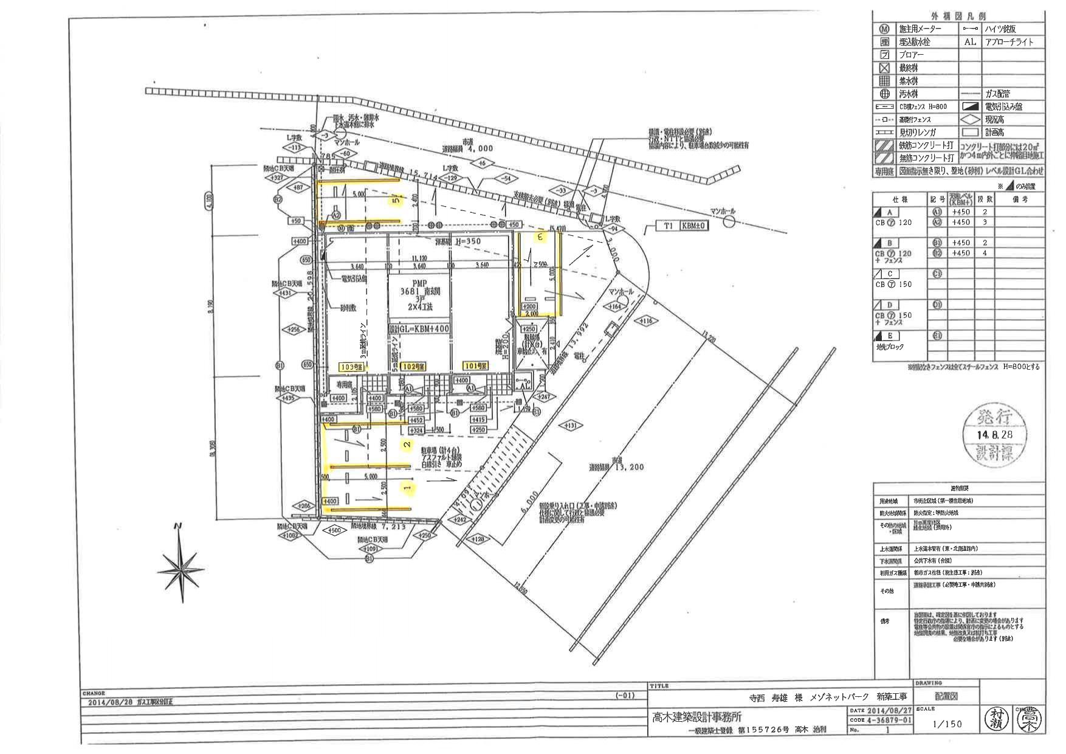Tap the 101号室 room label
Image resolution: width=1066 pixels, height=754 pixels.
pyautogui.click(x=472, y=366)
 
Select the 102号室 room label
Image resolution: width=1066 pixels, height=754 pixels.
pyautogui.click(x=413, y=366)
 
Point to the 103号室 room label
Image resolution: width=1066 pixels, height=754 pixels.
pyautogui.click(x=351, y=367)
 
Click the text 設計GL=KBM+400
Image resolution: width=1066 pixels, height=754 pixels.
pyautogui.click(x=419, y=328)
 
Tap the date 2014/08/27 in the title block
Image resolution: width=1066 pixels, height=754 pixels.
pyautogui.click(x=891, y=710)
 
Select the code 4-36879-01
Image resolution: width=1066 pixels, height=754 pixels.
pyautogui.click(x=891, y=720)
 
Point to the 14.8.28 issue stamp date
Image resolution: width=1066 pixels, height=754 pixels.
pyautogui.click(x=994, y=435)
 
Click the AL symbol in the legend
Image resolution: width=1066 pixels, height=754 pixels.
pyautogui.click(x=970, y=42)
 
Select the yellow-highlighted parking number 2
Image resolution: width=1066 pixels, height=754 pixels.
pyautogui.click(x=408, y=444)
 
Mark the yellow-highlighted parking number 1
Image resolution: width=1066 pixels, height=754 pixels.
pyautogui.click(x=408, y=488)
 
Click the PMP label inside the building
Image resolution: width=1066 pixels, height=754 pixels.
pyautogui.click(x=420, y=283)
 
